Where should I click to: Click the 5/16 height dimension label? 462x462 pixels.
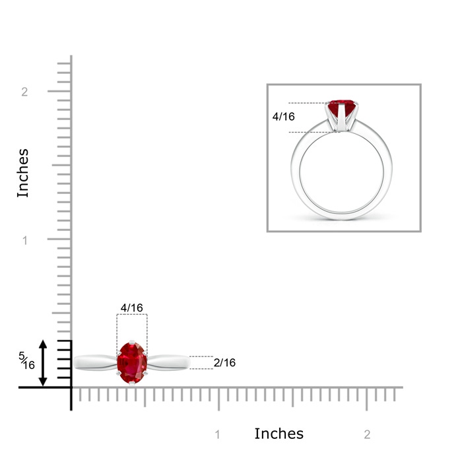(x=27, y=360)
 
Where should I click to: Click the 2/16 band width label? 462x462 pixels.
(x=224, y=363)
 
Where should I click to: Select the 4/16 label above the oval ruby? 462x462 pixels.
(x=132, y=308)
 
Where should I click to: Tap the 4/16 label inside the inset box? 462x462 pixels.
(x=283, y=117)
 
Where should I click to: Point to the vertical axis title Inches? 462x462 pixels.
(x=22, y=173)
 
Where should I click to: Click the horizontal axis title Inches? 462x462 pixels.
(x=279, y=434)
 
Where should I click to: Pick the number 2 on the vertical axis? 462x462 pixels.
(x=24, y=92)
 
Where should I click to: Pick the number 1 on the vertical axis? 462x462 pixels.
(x=25, y=240)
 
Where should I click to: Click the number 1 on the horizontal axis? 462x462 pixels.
(x=217, y=434)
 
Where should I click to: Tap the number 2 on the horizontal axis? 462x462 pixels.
(x=367, y=434)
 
